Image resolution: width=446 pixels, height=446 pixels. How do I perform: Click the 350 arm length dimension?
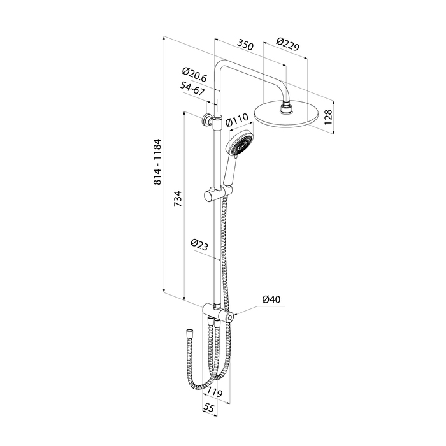point(245,45)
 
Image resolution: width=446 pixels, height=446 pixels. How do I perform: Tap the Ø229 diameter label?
point(288,44)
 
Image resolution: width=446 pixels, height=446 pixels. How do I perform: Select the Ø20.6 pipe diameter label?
point(194,75)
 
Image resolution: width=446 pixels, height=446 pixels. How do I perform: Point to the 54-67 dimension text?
point(192,89)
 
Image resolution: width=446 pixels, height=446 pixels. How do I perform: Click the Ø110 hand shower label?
point(236,120)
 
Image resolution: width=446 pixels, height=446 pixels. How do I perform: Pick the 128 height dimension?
point(328,117)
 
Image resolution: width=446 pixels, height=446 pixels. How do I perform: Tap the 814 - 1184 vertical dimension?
point(157,162)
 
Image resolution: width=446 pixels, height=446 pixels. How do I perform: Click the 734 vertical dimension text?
point(178,199)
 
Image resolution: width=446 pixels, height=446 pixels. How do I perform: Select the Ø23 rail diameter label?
point(200,245)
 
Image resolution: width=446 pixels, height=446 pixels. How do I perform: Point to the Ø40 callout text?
point(271,299)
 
